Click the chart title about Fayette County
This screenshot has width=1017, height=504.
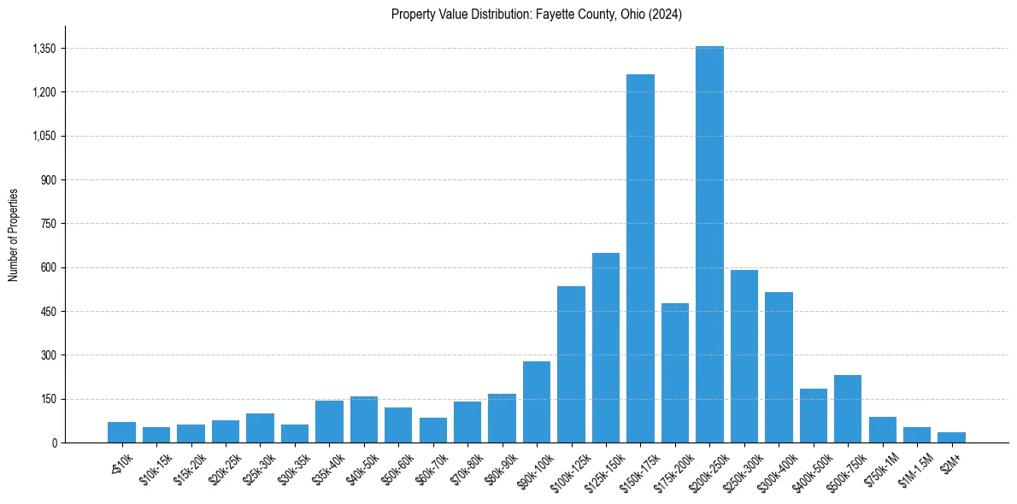click(x=536, y=15)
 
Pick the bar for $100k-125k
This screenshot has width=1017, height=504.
click(x=571, y=364)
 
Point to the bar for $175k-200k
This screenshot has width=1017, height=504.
click(x=675, y=372)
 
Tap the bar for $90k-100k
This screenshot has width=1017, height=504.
click(x=537, y=401)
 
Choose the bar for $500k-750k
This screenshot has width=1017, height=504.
click(x=848, y=408)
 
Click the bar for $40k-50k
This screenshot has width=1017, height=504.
click(x=364, y=419)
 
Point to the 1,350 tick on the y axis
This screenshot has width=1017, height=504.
click(x=44, y=49)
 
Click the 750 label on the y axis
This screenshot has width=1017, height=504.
click(x=48, y=224)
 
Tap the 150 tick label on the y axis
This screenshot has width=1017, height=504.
click(x=48, y=399)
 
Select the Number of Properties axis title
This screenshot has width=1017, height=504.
click(x=13, y=235)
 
